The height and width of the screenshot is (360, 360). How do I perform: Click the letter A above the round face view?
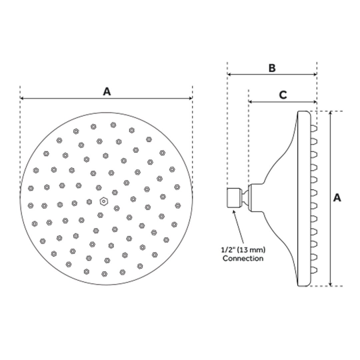[107, 91]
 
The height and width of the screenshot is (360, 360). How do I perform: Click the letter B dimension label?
[272, 68]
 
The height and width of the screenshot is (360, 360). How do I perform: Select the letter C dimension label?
[283, 95]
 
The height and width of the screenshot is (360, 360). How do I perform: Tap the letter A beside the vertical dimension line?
[337, 198]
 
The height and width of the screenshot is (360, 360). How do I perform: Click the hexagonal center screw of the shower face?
[104, 201]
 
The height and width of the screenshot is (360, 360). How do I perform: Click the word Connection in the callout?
[243, 258]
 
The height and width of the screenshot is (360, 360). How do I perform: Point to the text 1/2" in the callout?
[227, 249]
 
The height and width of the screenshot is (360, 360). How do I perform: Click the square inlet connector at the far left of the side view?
[234, 198]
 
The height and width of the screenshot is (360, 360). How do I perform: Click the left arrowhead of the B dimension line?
[229, 74]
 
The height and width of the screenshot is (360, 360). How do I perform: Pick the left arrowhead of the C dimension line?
[250, 101]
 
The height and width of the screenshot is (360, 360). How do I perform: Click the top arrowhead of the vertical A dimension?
[331, 113]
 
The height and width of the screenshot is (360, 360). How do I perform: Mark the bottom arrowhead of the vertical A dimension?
[331, 284]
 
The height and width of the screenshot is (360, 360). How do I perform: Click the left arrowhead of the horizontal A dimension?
[22, 98]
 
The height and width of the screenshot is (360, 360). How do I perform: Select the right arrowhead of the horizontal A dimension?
[191, 98]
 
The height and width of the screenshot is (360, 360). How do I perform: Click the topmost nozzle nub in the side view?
[314, 129]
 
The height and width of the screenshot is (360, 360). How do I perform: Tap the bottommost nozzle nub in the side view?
[314, 269]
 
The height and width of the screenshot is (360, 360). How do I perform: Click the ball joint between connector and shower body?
[245, 198]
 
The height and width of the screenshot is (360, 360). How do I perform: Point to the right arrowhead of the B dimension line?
[315, 74]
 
